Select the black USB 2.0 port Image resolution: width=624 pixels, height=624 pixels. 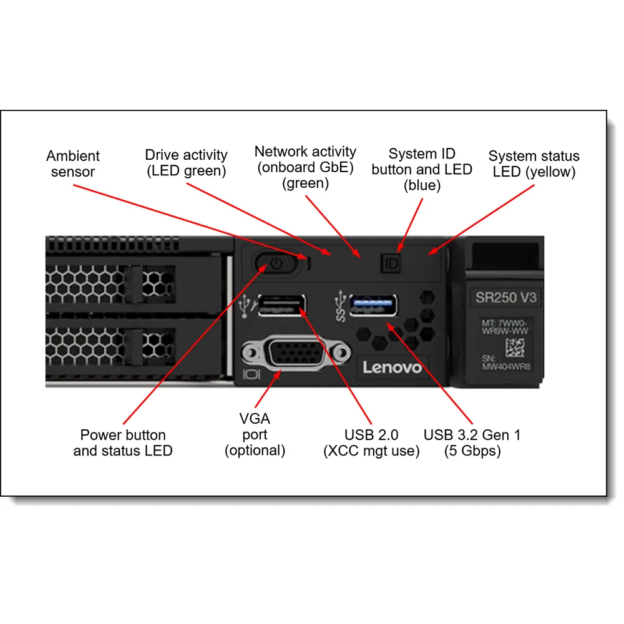[x=281, y=306]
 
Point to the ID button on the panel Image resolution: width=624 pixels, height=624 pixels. [x=391, y=263]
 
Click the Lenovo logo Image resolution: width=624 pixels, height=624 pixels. [x=392, y=368]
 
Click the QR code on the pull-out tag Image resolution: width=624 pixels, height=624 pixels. [x=515, y=348]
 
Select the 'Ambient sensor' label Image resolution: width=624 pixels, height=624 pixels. [x=73, y=164]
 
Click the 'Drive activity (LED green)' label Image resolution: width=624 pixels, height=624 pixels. [x=186, y=163]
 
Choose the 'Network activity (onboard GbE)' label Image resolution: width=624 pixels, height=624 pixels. [x=305, y=167]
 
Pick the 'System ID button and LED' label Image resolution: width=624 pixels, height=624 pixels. [x=422, y=169]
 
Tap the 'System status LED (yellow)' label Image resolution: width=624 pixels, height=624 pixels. [x=534, y=164]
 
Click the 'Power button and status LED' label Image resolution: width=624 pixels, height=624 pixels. [x=123, y=443]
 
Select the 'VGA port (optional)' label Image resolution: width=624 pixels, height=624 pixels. [x=255, y=434]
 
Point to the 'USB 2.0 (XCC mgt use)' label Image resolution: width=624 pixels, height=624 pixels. [x=371, y=443]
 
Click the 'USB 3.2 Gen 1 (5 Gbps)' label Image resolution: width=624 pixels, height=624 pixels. [x=472, y=443]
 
